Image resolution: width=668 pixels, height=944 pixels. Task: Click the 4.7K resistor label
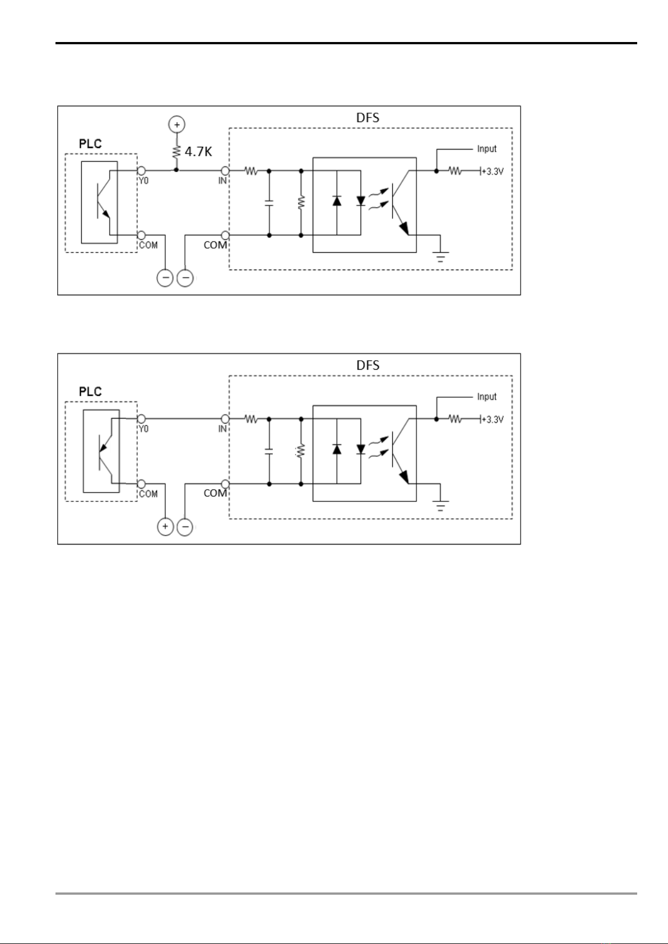pos(198,151)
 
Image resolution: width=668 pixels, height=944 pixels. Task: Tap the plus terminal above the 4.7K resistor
pos(177,124)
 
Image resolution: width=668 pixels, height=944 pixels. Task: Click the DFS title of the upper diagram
pos(368,117)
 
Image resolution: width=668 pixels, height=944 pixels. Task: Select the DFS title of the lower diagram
pos(368,365)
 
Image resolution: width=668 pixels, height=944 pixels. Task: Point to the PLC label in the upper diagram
pos(90,143)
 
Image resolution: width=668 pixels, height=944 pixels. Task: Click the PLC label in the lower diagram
pos(90,392)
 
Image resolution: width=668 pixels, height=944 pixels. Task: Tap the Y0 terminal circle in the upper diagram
pos(142,170)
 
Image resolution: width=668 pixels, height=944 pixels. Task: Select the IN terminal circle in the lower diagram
pos(225,418)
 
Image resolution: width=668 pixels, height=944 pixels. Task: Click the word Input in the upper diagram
pos(486,148)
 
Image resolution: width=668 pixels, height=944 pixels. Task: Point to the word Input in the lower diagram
pos(486,397)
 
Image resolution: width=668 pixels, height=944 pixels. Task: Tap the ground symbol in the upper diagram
pos(442,257)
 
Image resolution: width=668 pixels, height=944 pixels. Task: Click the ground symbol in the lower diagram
pos(442,505)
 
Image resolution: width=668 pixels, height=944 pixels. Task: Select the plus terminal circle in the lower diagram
pos(165,527)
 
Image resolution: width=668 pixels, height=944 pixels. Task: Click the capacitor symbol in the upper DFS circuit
pos(270,202)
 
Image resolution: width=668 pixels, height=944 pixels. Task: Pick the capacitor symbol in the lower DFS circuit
pos(270,450)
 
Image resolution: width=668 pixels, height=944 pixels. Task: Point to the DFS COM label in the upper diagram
pos(215,245)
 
